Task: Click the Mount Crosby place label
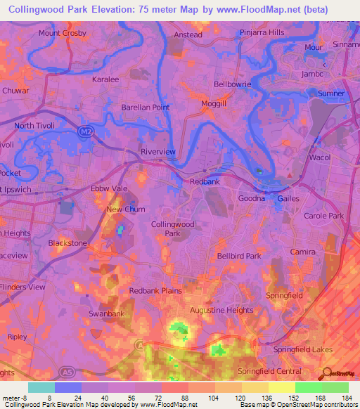coord(63,33)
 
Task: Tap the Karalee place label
coord(107,79)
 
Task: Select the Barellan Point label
coord(146,108)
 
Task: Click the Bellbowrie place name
coord(232,84)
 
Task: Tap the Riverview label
coord(158,151)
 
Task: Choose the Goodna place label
coord(251,198)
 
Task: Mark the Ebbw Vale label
coord(108,189)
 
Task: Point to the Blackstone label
coord(67,243)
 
